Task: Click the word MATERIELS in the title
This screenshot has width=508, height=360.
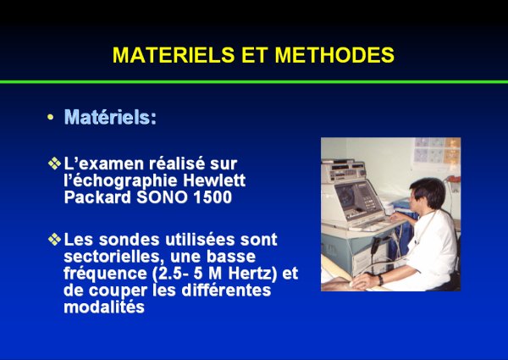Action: point(174,55)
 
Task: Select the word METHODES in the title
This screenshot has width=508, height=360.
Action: point(334,55)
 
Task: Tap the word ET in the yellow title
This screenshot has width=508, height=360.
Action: point(255,55)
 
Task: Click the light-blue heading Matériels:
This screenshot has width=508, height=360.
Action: point(110,117)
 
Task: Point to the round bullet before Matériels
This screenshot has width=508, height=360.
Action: point(50,117)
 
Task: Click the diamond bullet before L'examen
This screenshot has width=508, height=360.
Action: point(54,163)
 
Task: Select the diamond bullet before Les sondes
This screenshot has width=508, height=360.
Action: point(54,239)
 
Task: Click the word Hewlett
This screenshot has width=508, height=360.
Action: point(214,180)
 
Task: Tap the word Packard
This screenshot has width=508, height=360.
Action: point(97,197)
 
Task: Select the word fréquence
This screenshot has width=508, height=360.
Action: point(105,274)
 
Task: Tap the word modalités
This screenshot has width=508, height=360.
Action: point(104,307)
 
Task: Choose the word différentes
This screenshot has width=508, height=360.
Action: point(226,290)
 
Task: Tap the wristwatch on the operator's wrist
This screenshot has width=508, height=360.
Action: point(380,280)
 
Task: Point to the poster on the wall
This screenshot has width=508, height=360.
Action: point(438,150)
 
